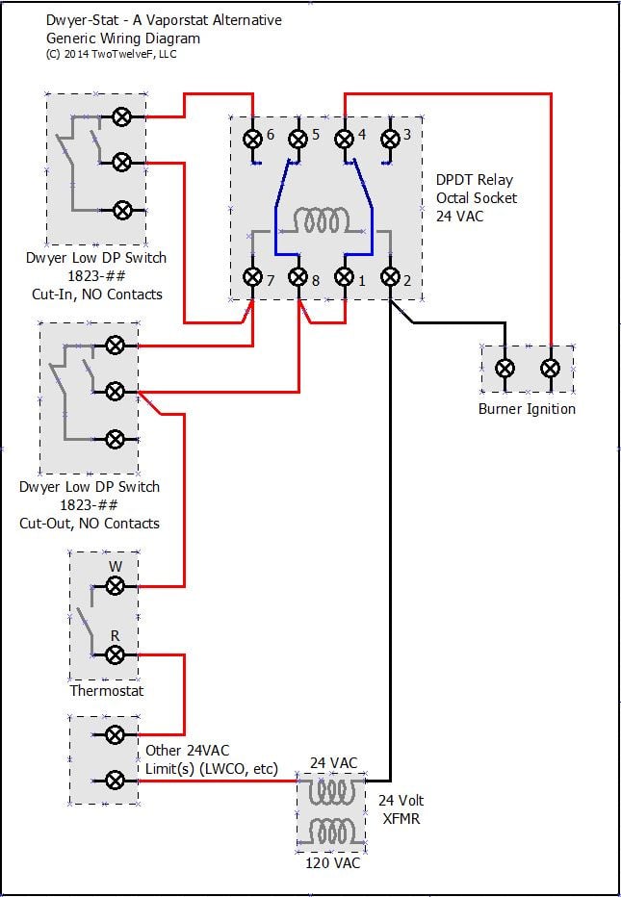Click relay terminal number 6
(252, 139)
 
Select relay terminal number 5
(298, 139)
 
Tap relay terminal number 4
(344, 139)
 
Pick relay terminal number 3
(390, 139)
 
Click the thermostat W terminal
(115, 585)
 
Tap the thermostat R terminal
(115, 655)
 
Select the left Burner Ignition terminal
(505, 368)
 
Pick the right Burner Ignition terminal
(550, 368)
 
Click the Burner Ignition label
(527, 409)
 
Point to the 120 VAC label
(332, 863)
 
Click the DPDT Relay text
(475, 180)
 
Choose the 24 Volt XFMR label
(401, 808)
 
